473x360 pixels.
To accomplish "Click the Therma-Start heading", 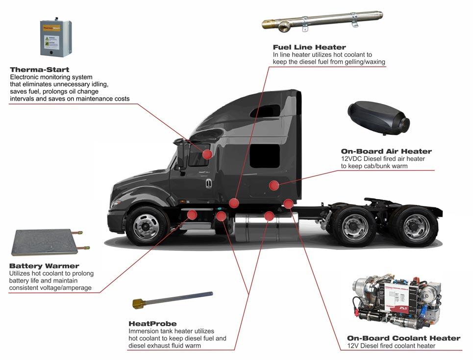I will [x=39, y=70].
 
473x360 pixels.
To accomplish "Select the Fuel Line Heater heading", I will [x=309, y=47].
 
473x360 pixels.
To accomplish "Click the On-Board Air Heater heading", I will [x=386, y=152].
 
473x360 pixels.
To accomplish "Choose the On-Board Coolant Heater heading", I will [x=403, y=338].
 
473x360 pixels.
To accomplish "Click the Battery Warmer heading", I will [x=44, y=266].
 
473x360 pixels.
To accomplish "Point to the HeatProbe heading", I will [x=152, y=324].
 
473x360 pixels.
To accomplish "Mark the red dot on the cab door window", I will [x=207, y=154].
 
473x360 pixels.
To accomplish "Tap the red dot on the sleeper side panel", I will [x=274, y=185].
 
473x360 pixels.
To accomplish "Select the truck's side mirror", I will [x=181, y=156].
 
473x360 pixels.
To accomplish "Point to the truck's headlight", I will [x=117, y=203].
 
